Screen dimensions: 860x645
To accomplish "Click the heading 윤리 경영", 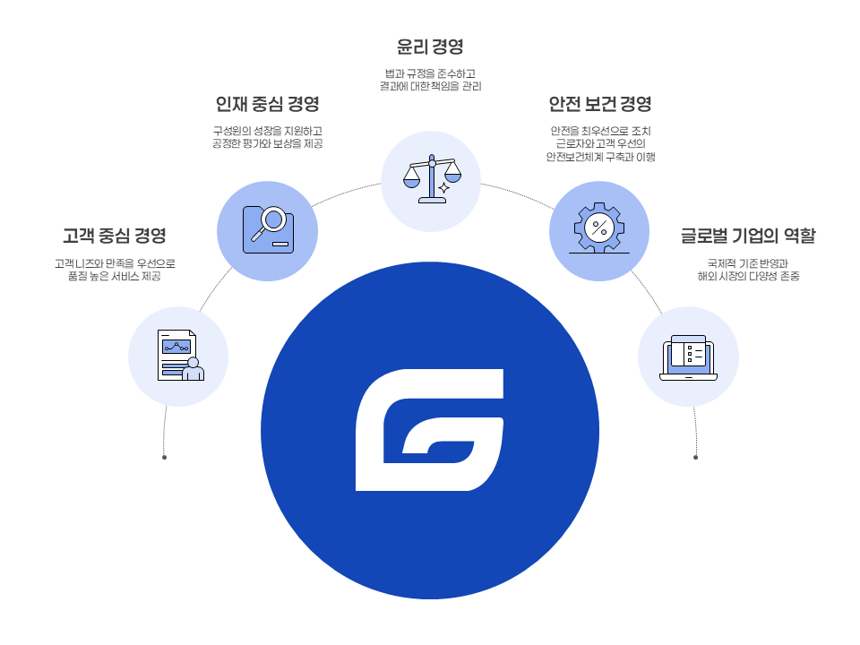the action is pos(430,46).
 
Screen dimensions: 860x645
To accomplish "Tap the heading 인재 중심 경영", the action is pos(268,104).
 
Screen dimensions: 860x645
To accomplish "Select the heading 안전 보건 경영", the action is pos(599,104).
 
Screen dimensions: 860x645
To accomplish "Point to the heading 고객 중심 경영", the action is pos(114,236).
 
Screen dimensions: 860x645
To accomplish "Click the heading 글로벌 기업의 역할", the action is pos(748,236).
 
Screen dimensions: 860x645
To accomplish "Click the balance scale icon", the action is pos(431,178).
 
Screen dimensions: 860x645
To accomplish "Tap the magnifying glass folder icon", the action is pos(268,230).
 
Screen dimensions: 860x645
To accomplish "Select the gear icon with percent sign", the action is pos(598,228).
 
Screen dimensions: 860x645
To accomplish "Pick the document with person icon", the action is pos(179,356).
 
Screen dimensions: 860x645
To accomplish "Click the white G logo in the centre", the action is pos(429,430).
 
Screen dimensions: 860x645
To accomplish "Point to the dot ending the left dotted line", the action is pos(164,457).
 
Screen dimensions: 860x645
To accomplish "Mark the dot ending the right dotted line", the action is pos(695,457).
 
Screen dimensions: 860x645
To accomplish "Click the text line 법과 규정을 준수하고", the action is pos(430,73).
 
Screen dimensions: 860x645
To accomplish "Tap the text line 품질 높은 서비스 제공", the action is pos(114,277).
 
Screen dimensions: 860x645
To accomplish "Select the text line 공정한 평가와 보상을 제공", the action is pos(268,144).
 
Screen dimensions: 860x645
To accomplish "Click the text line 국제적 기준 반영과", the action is pos(748,263).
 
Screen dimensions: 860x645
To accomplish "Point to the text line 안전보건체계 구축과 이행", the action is pos(599,157).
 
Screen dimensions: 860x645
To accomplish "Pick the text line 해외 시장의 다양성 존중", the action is pos(748,277).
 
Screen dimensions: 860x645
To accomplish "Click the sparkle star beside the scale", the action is pos(443,189).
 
